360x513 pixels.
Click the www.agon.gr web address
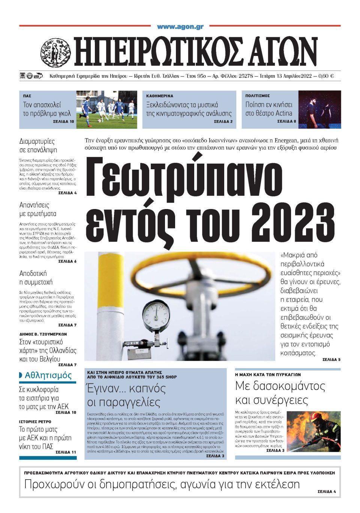coord(180,27)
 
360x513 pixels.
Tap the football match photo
coord(107,109)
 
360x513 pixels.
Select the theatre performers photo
coord(319,109)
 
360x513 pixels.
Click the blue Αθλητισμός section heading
coord(48,375)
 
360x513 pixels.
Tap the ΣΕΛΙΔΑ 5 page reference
coord(331,360)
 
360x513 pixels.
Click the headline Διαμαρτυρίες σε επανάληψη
coord(37,146)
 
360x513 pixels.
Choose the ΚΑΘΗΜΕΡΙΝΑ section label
coord(160,96)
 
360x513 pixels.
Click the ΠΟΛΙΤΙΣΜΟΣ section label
coord(258,96)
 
